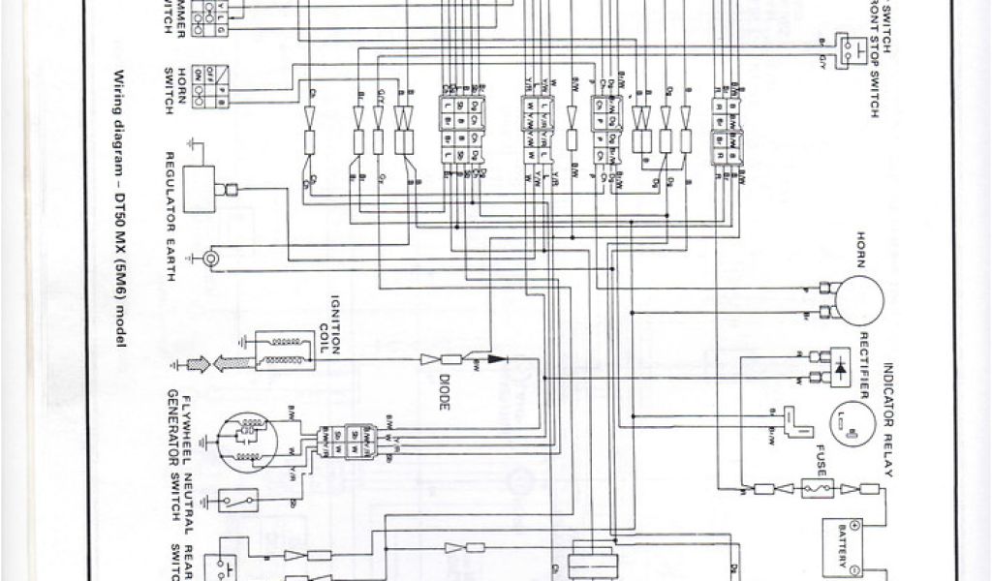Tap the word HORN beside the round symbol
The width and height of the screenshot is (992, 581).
(859, 248)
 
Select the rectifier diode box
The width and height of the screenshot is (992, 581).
(839, 367)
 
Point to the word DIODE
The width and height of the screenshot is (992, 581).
(445, 393)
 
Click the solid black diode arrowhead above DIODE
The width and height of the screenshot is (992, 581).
(498, 358)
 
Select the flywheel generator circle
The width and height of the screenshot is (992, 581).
(247, 442)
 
